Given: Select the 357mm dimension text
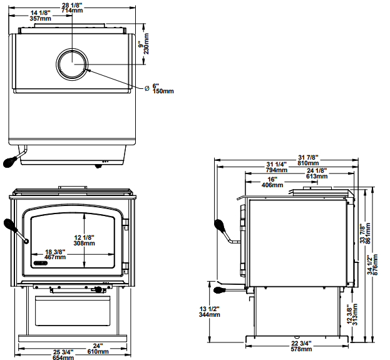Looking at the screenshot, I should (41, 18).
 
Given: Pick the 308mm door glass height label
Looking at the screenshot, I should (84, 243).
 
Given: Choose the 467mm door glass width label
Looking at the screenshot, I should (55, 257).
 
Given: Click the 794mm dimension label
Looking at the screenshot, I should (276, 170).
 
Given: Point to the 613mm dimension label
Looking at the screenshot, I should (317, 177).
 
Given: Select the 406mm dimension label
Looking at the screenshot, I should (270, 184).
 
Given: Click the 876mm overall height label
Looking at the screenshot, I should (376, 269).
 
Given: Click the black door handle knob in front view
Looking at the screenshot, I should (9, 226).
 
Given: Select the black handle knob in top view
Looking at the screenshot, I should (9, 162).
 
